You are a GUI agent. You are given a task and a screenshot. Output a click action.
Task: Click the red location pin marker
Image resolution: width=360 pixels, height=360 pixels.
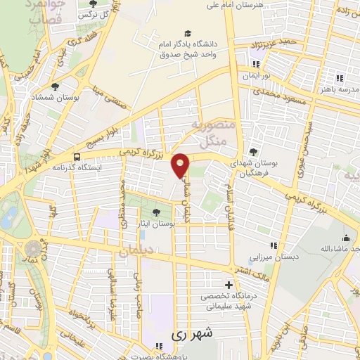[x=181, y=165]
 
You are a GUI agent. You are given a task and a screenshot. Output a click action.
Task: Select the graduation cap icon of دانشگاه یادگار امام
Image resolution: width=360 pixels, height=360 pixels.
[x=187, y=33]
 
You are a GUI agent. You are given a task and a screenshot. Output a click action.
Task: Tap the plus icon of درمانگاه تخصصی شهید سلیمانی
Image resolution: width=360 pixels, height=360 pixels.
[x=227, y=285]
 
